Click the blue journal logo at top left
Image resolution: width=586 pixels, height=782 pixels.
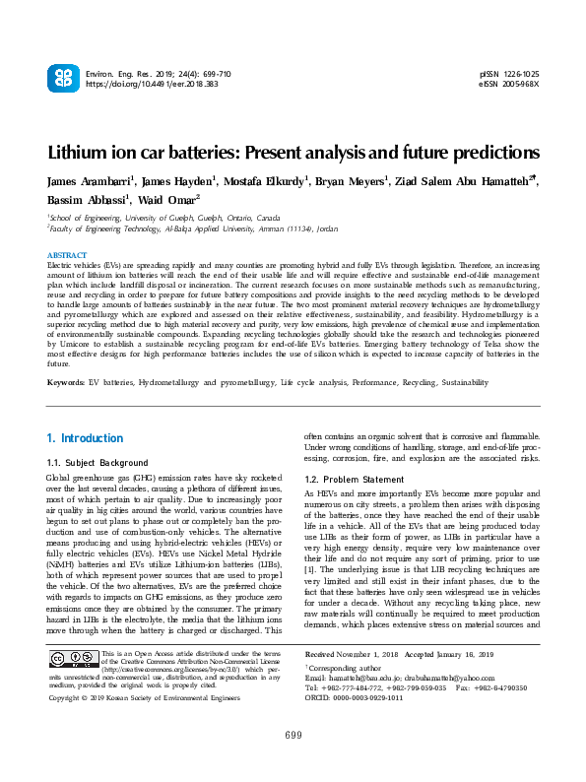[62, 79]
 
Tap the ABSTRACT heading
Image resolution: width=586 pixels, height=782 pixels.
[67, 255]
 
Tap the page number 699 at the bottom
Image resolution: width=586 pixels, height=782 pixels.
[293, 762]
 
